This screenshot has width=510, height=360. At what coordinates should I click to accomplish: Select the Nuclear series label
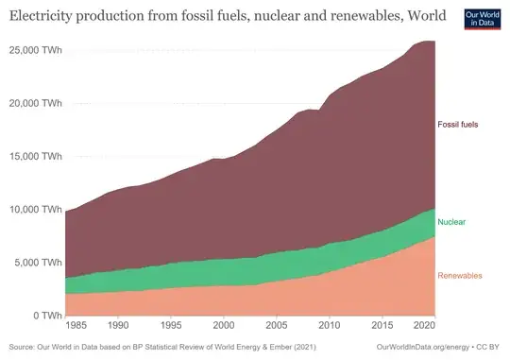coord(452,222)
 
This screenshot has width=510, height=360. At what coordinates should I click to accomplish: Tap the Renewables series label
coord(460,276)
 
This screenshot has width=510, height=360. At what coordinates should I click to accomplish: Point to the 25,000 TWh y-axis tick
coord(32,48)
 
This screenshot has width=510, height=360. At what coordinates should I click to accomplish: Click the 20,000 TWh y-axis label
coord(32,102)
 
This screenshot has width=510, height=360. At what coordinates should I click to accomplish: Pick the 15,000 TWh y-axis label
coord(32,155)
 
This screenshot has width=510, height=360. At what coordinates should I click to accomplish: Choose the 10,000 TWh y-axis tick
coord(32,209)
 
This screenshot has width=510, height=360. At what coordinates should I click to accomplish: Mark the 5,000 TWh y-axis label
coord(35,262)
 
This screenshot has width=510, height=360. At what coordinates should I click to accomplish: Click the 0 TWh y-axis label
coord(44,316)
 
